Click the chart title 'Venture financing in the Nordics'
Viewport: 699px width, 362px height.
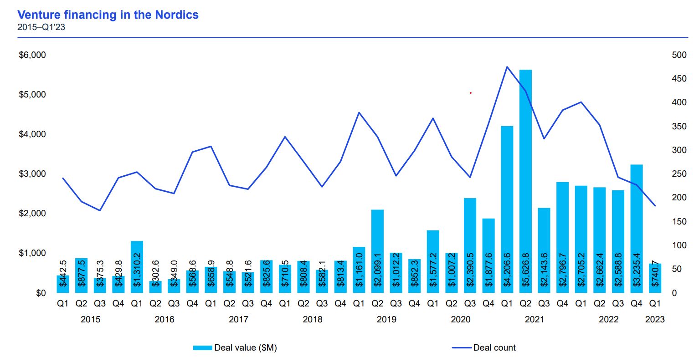[x=108, y=15]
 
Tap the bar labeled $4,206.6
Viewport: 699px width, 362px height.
[x=507, y=209]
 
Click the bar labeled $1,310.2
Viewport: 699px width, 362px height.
[x=137, y=267]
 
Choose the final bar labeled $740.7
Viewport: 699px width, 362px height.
[x=655, y=278]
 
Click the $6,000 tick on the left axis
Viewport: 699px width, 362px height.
[x=32, y=55]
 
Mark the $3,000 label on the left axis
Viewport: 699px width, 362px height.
[x=32, y=174]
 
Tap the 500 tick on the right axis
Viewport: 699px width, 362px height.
[x=679, y=55]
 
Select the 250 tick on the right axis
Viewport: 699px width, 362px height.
[x=679, y=174]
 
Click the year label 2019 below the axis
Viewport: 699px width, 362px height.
[x=386, y=320]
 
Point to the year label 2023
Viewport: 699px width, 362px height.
[x=655, y=320]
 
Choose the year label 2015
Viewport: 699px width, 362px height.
[x=90, y=320]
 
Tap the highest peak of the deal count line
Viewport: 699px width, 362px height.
[x=507, y=67]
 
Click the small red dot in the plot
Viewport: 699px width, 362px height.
[x=471, y=93]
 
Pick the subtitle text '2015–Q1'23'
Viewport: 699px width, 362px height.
[x=41, y=27]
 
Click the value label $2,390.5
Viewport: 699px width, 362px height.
[x=470, y=270]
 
